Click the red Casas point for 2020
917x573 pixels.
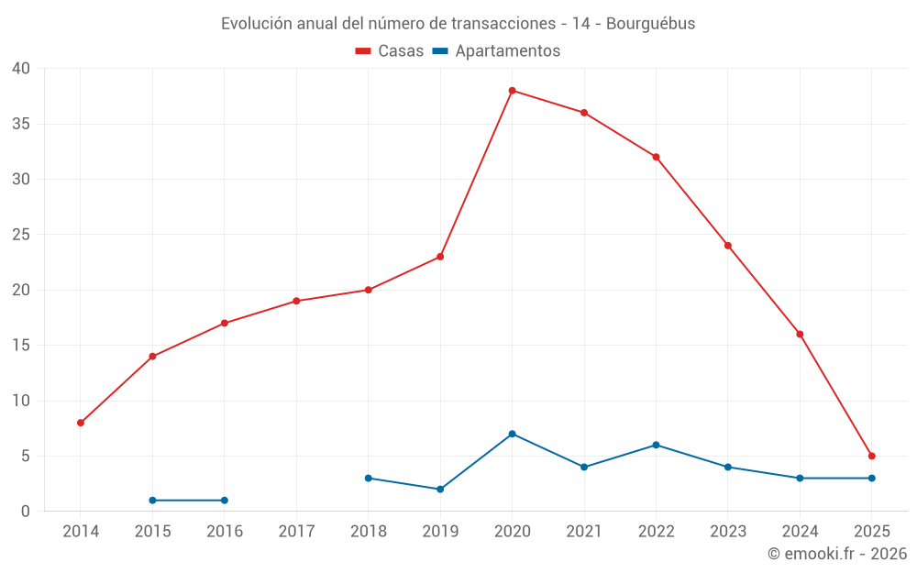click(x=512, y=91)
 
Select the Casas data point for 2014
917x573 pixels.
click(x=81, y=423)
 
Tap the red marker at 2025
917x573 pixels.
click(x=872, y=456)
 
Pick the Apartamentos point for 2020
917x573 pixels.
click(x=512, y=434)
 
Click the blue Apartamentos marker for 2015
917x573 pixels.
click(x=152, y=501)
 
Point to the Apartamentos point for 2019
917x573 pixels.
click(x=440, y=490)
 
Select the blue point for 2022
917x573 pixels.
click(x=656, y=445)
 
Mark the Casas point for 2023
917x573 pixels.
click(x=728, y=246)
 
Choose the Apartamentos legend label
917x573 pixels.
click(x=507, y=51)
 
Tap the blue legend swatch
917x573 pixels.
click(x=440, y=51)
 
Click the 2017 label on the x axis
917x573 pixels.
click(x=296, y=532)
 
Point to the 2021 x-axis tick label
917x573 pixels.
click(x=584, y=532)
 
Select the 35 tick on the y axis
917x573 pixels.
click(x=21, y=124)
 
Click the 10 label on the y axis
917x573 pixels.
click(x=21, y=401)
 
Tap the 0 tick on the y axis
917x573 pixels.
click(x=26, y=512)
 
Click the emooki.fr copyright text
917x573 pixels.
click(x=836, y=554)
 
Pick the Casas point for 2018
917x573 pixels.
click(x=368, y=290)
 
